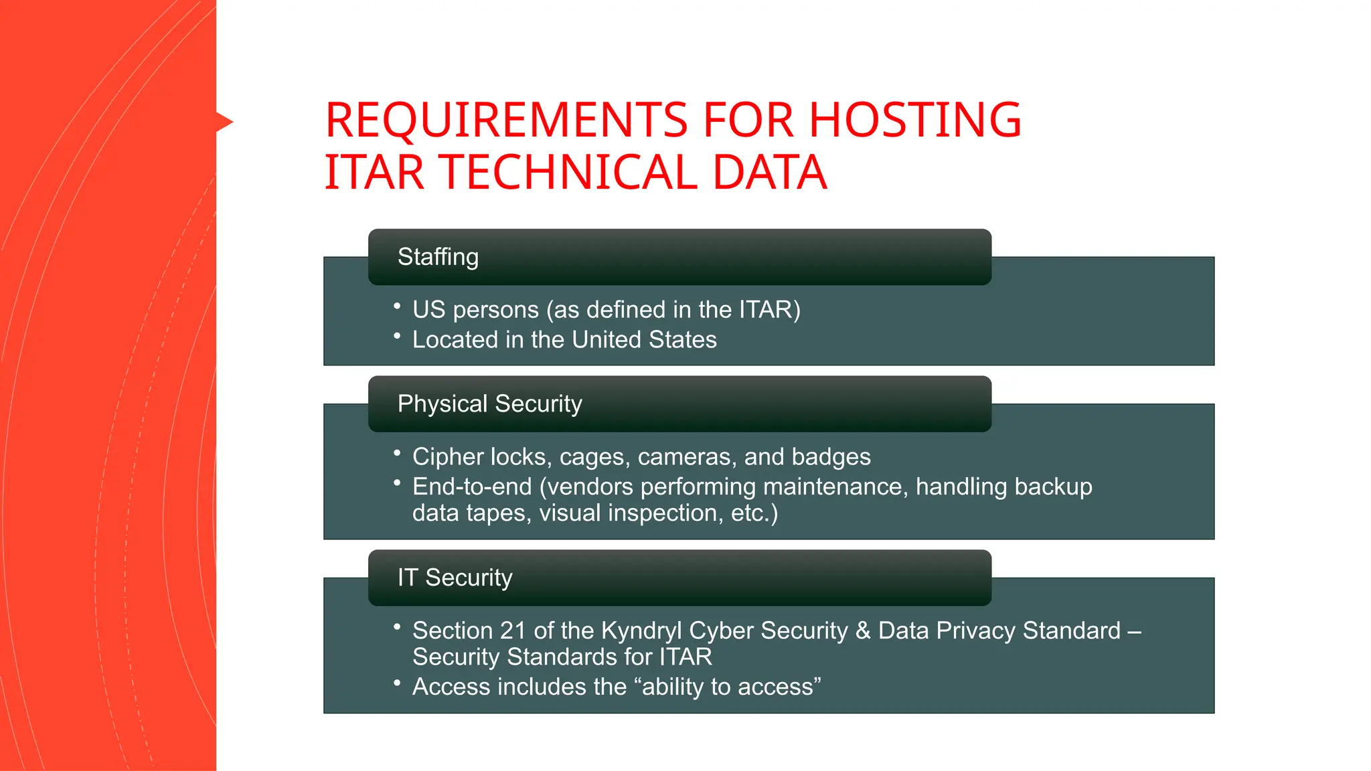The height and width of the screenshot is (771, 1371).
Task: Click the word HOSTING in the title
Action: pos(915,120)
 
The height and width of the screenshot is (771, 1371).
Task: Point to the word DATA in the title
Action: pos(769,173)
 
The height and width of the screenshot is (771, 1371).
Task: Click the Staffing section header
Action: pos(438,257)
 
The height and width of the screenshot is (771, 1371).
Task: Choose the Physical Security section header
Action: pos(489,404)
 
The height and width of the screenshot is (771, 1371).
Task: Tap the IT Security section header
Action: pos(455,578)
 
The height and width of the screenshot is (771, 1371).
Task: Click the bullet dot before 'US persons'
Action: pos(397,307)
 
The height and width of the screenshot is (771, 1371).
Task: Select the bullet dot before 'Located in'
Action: pos(397,336)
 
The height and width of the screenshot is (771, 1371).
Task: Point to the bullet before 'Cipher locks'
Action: pos(397,453)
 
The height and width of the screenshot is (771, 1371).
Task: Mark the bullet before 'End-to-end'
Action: pos(397,483)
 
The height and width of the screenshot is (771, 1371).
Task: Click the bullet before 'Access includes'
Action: pos(397,683)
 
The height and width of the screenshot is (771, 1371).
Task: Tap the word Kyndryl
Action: pos(641,631)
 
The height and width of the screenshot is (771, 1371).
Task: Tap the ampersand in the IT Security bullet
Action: pos(863,630)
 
